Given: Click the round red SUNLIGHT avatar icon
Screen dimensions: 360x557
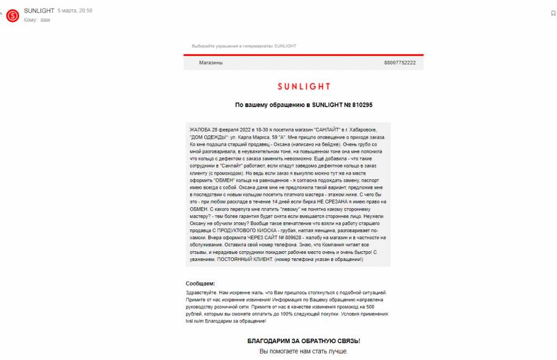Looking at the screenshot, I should coord(13,16).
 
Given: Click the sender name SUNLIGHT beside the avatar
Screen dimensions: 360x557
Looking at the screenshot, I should coord(39,11).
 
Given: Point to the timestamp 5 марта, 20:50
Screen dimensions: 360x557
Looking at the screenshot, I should coord(75,11).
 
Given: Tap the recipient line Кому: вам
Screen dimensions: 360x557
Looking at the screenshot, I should coord(37,20).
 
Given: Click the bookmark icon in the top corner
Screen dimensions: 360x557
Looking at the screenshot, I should coord(553,13).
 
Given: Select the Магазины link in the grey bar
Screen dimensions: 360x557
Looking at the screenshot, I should coord(211,63).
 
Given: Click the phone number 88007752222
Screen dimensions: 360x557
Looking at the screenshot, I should coord(400,63).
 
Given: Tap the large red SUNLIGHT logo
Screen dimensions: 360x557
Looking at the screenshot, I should coord(304,86).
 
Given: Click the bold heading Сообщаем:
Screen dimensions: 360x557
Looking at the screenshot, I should coord(200,284).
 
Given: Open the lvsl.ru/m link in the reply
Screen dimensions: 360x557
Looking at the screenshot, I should coord(195,321).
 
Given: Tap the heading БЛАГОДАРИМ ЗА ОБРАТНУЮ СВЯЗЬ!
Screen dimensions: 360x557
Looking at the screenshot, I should coord(304,341).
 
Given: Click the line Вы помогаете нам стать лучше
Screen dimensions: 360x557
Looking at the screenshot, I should coord(304,351).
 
